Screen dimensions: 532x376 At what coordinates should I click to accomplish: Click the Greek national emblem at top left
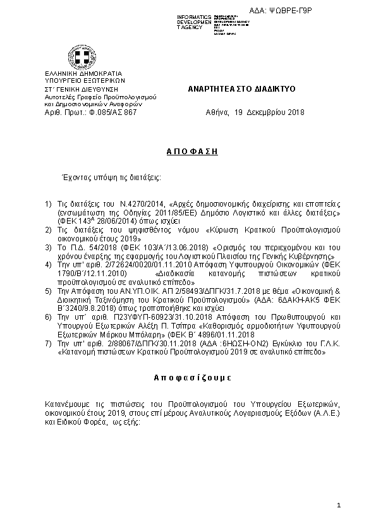[x=82, y=59]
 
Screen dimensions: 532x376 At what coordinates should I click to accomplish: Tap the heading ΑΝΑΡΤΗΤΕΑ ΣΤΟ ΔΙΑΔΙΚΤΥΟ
[x=238, y=90]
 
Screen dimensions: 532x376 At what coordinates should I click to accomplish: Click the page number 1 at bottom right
[x=339, y=505]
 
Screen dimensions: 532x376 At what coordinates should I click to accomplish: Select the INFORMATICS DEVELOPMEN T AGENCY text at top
[x=194, y=21]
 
